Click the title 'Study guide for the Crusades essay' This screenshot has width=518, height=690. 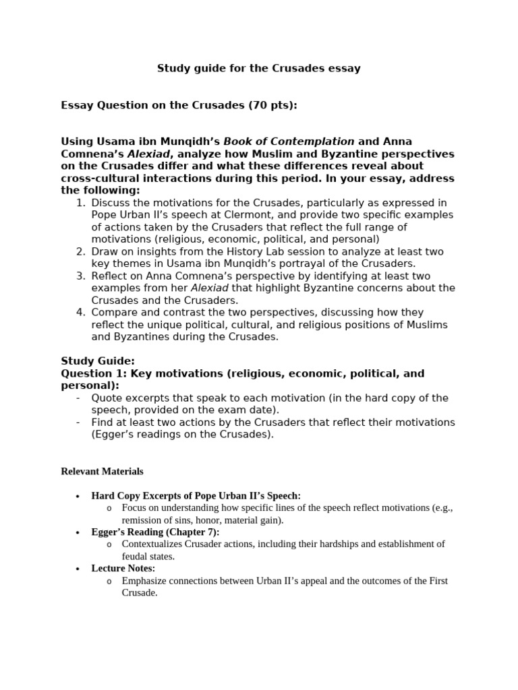click(x=259, y=68)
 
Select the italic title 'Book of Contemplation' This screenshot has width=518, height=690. click(x=289, y=142)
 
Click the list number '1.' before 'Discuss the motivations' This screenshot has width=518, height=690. click(x=80, y=203)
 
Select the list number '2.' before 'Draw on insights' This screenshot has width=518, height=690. click(x=80, y=252)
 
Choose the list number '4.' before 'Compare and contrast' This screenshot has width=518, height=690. click(x=80, y=313)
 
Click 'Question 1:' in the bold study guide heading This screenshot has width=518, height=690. click(x=94, y=373)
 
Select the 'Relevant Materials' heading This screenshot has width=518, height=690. click(x=102, y=472)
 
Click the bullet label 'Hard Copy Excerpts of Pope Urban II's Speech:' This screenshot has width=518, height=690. click(x=196, y=496)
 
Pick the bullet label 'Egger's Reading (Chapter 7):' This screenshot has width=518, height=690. click(x=155, y=532)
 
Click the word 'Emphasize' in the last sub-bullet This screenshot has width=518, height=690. click(x=143, y=581)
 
